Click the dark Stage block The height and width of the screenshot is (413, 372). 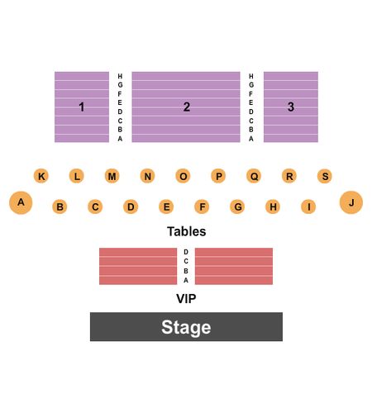click(x=186, y=326)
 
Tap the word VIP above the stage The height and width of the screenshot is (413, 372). click(x=186, y=299)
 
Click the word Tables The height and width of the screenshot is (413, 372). click(x=187, y=231)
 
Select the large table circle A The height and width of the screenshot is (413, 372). click(x=21, y=202)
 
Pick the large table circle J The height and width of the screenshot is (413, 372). click(x=351, y=202)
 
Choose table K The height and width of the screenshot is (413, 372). click(x=41, y=176)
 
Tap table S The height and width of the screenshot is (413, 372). click(x=325, y=176)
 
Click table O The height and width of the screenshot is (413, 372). click(x=183, y=176)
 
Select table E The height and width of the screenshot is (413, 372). click(x=166, y=206)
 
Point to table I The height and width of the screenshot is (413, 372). click(x=308, y=206)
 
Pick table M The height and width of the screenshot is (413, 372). click(x=112, y=176)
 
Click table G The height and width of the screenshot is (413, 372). click(x=237, y=206)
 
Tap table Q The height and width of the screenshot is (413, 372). click(x=254, y=176)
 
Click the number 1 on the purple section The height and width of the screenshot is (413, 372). click(x=82, y=107)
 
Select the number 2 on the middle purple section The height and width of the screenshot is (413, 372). click(x=187, y=107)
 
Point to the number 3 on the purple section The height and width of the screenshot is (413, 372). click(x=291, y=107)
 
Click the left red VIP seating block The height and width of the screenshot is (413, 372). click(x=138, y=266)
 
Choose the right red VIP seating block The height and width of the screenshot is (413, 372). click(x=234, y=266)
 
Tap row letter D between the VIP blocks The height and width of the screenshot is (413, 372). click(x=186, y=252)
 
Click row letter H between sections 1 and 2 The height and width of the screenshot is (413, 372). click(x=120, y=76)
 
